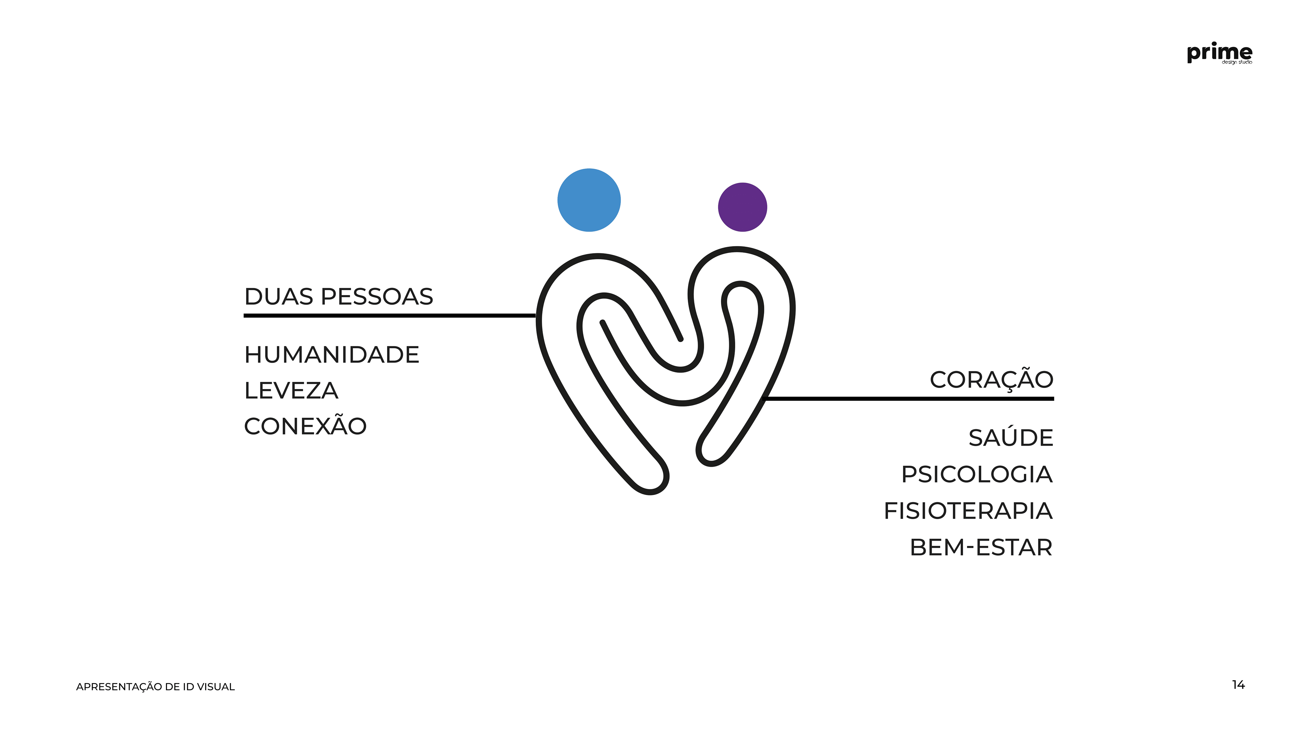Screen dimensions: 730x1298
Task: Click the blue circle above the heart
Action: coord(589,200)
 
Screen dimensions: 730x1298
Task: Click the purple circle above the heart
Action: coord(742,207)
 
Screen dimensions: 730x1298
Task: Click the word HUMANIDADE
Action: coord(332,355)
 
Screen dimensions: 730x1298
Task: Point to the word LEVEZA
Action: coord(291,391)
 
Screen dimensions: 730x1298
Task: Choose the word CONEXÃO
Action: coord(305,427)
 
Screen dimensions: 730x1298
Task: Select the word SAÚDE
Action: coord(1011,438)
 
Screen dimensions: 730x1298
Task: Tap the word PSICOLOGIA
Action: coord(977,474)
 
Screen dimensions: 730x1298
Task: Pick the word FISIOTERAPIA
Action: coord(968,511)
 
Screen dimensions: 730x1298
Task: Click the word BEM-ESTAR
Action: coord(981,547)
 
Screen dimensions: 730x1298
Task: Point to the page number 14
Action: coord(1238,685)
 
